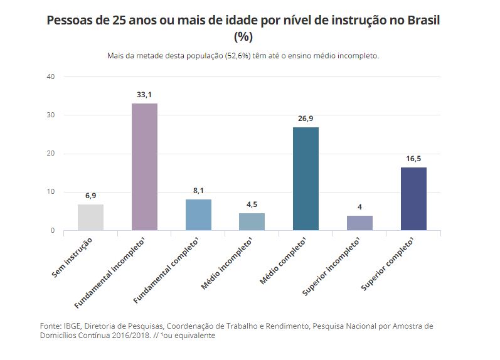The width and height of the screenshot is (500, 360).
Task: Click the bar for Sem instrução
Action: [x=90, y=217]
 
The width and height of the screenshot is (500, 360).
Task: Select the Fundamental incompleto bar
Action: [x=144, y=167]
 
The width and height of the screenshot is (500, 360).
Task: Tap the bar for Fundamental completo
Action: [x=198, y=214]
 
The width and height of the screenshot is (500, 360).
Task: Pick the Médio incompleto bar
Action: [x=252, y=221]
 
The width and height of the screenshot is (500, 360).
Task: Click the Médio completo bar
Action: [x=306, y=179]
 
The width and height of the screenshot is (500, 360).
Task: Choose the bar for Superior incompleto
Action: [x=359, y=223]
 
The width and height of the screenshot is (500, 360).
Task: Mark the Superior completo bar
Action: [x=413, y=199]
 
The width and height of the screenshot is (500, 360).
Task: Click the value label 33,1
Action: [x=144, y=95]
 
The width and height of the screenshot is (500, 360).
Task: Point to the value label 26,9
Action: [x=306, y=119]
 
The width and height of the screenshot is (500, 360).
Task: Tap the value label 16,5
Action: [x=413, y=159]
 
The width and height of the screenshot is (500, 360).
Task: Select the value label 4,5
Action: [x=252, y=204]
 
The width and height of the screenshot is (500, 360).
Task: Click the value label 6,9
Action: [x=90, y=196]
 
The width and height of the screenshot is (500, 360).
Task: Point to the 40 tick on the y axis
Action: [x=51, y=77]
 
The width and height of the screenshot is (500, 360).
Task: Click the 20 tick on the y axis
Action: [x=51, y=154]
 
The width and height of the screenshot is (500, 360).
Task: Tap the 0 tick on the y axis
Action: [x=53, y=231]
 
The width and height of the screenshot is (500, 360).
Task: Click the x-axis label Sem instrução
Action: [x=73, y=258]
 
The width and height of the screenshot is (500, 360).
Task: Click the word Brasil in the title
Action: [x=422, y=20]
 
